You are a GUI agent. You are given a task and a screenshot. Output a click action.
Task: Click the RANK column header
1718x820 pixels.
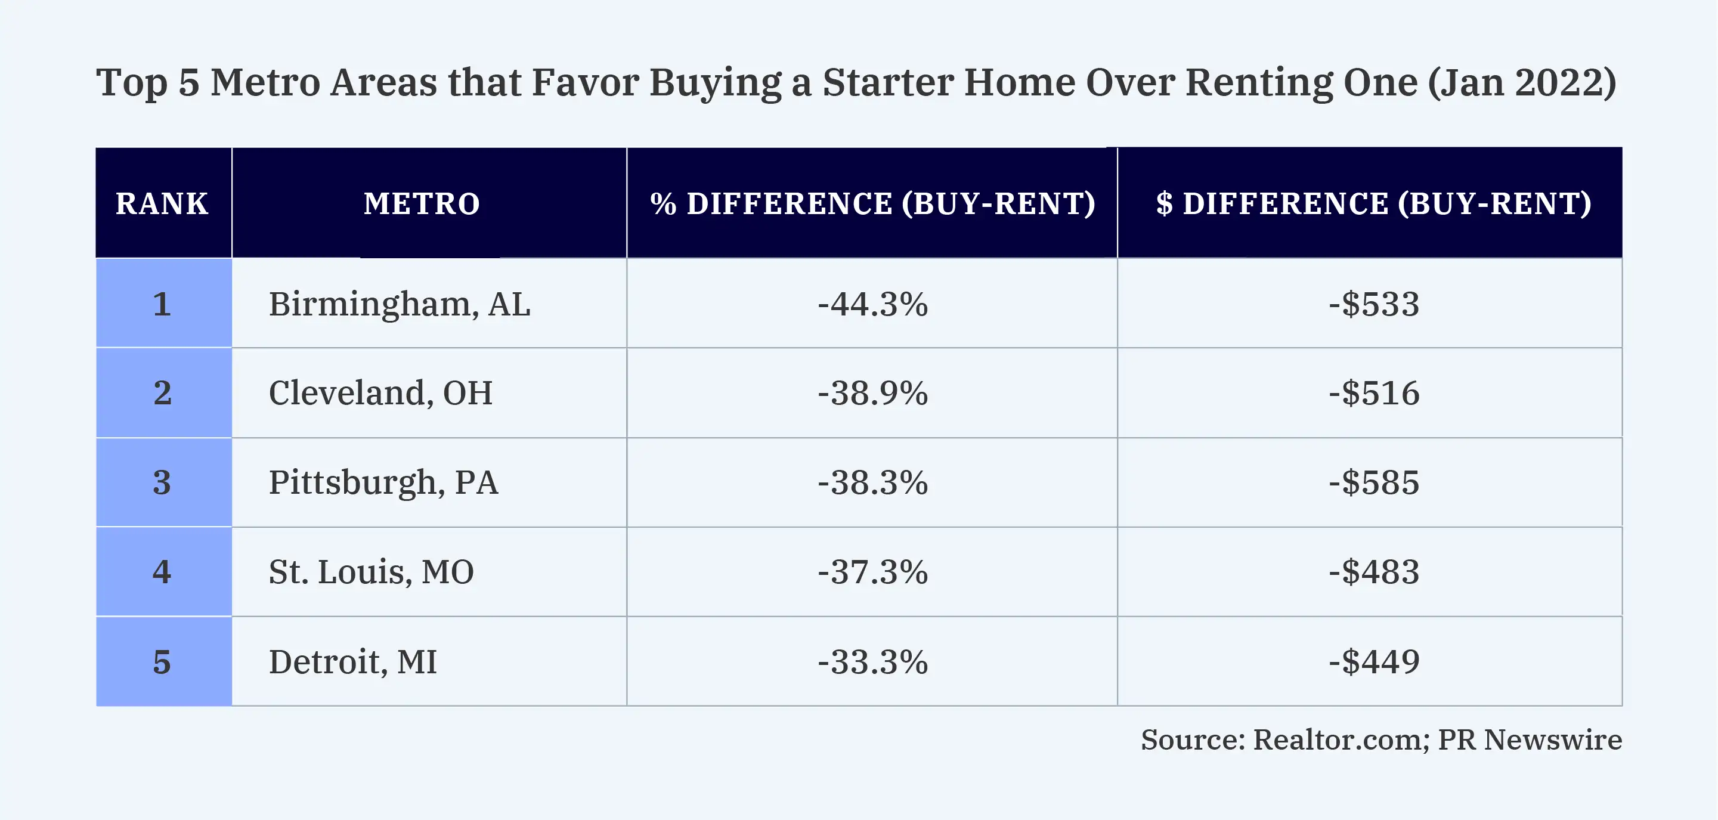pos(162,203)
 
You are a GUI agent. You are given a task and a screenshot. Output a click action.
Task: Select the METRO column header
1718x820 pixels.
pos(422,203)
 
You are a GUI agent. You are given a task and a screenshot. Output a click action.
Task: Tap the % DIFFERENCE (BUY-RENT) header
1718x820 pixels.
pos(872,203)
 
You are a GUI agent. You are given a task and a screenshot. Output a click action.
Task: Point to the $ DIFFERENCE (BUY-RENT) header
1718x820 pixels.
pos(1374,203)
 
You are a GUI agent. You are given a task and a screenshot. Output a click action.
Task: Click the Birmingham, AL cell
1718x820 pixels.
pos(400,304)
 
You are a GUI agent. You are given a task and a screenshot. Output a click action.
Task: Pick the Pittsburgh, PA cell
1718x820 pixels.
pos(383,482)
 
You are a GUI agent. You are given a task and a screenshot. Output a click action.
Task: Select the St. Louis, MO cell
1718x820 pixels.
pos(372,572)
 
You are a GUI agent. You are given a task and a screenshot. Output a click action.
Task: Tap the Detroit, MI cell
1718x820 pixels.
pos(353,662)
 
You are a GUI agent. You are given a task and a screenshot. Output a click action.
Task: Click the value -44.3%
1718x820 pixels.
pos(872,304)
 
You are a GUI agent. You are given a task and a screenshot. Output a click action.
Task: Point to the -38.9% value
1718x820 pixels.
pos(872,393)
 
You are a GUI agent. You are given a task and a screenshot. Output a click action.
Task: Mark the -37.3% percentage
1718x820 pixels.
pos(872,572)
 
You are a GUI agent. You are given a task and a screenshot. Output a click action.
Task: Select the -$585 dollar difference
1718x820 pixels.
pos(1374,482)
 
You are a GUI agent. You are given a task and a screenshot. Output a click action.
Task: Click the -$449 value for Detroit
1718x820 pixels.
pos(1374,662)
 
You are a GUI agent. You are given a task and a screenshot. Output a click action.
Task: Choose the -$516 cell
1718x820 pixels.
pos(1374,393)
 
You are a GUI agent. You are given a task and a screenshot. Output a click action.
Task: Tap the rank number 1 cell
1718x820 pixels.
pos(162,304)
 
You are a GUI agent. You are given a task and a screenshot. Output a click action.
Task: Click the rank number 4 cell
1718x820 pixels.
pos(162,572)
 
